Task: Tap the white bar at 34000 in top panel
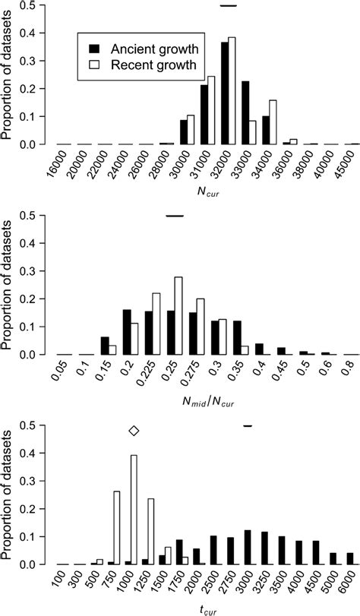(x=273, y=122)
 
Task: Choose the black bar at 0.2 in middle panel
(x=127, y=332)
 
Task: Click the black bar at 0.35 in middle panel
(x=237, y=337)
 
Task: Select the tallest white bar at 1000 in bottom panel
(x=134, y=510)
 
